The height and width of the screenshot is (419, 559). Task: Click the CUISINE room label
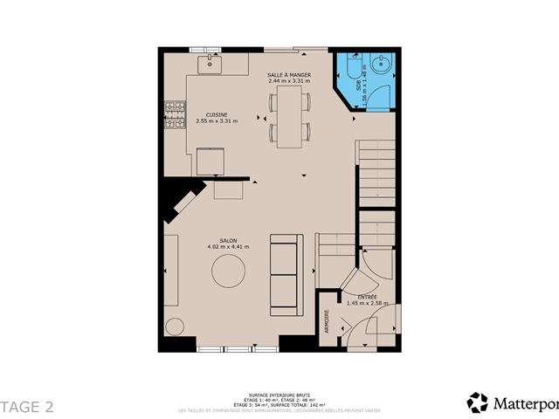[217, 115]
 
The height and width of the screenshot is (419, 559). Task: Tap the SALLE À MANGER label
[287, 76]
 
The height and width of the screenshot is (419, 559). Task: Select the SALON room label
[228, 240]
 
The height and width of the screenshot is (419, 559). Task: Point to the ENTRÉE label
[367, 297]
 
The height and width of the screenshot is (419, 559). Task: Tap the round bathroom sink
[382, 65]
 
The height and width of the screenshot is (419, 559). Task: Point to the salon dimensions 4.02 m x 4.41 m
[228, 247]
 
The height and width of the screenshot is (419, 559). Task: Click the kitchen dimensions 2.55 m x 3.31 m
[217, 121]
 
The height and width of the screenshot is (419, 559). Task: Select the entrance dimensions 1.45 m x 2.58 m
[368, 303]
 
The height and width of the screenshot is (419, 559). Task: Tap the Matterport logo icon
[477, 402]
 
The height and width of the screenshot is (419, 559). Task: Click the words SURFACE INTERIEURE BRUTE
[279, 395]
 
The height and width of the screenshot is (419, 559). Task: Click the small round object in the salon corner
[175, 327]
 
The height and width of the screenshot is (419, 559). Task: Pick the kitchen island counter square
[210, 161]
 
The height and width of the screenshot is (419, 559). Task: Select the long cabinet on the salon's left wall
[170, 270]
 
